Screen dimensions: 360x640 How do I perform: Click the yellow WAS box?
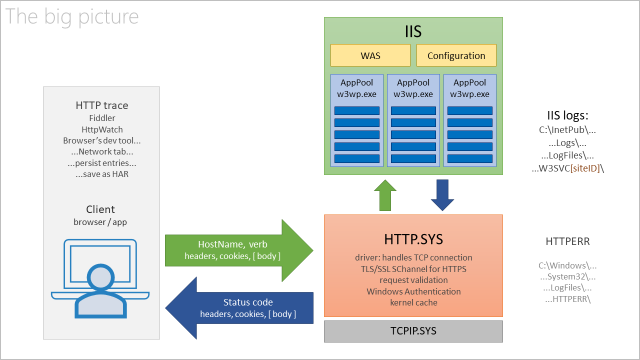370,55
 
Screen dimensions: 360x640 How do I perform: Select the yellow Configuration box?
456,55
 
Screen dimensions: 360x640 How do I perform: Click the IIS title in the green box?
413,31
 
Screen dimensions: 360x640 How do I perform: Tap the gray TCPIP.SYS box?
413,331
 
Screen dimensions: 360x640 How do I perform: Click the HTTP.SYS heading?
413,239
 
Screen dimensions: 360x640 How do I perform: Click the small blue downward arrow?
442,195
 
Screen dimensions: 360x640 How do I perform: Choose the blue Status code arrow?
240,308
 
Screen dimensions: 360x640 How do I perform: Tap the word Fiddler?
102,118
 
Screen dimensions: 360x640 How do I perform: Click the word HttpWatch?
102,129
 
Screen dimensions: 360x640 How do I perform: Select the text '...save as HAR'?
102,174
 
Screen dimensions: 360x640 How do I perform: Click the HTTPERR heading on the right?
567,241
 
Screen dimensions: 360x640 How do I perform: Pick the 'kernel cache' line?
413,302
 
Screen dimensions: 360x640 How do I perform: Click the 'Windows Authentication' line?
413,291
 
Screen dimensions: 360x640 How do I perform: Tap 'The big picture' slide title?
71,16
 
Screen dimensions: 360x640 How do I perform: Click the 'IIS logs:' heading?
567,115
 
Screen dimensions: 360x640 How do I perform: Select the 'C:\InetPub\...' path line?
567,130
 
